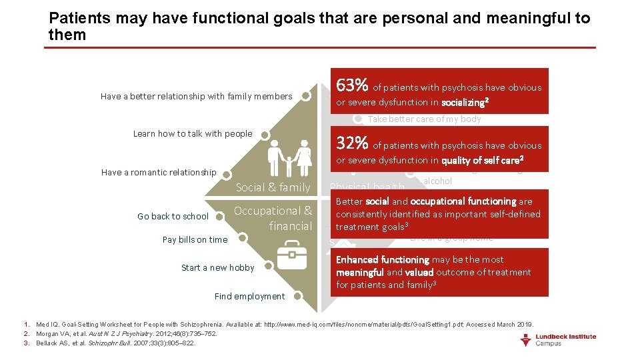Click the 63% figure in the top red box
[x=353, y=85]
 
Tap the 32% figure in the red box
[x=353, y=143]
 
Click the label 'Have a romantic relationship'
[x=159, y=173]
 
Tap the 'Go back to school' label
[x=173, y=216]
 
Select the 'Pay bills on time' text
[x=195, y=240]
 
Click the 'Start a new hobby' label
[x=217, y=268]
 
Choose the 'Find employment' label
[x=249, y=297]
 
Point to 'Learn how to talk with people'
[x=193, y=134]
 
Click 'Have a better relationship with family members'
[x=196, y=97]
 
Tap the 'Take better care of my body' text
[x=424, y=119]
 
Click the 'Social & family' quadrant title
[x=273, y=188]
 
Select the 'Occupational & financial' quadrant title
[x=273, y=219]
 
